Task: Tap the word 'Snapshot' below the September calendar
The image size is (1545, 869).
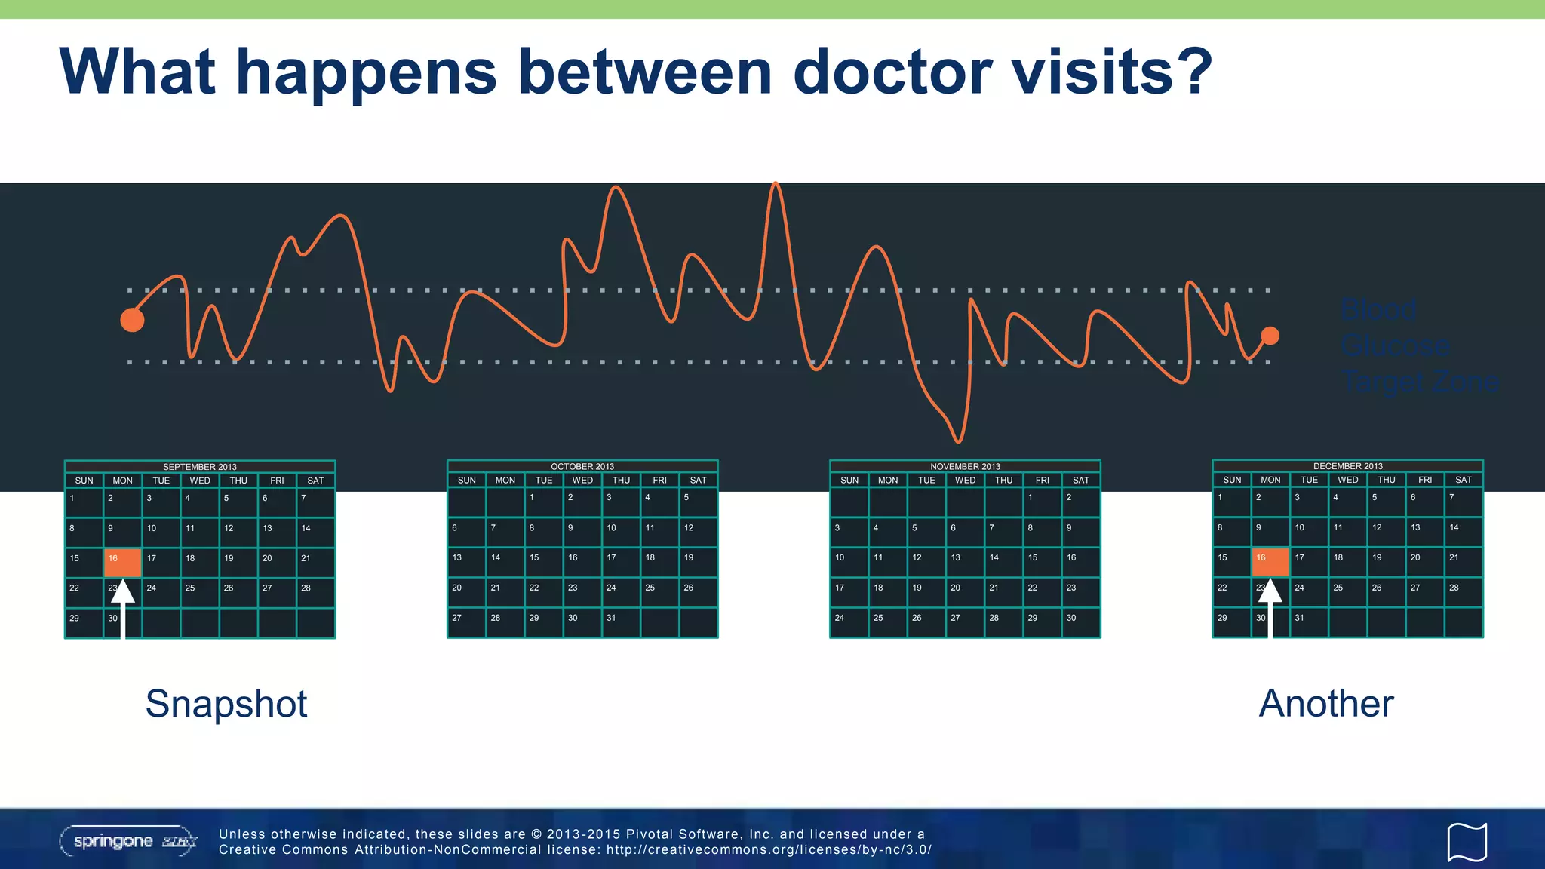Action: pyautogui.click(x=226, y=704)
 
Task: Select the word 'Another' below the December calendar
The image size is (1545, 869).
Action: pyautogui.click(x=1325, y=704)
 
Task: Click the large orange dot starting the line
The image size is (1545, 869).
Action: pyautogui.click(x=132, y=320)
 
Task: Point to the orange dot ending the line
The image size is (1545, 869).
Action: pyautogui.click(x=1270, y=336)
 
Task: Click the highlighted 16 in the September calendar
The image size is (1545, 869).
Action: pyautogui.click(x=122, y=563)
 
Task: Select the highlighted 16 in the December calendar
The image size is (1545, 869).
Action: pyautogui.click(x=1270, y=562)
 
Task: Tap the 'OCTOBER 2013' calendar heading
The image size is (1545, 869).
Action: pyautogui.click(x=582, y=466)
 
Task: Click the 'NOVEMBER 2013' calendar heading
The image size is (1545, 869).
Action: pyautogui.click(x=965, y=466)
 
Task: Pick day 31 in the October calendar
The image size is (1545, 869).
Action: pyautogui.click(x=612, y=618)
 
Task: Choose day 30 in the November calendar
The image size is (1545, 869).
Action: pyautogui.click(x=1071, y=618)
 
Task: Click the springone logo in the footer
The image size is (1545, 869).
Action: pyautogui.click(x=128, y=841)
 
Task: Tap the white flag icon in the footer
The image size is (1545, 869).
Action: pyautogui.click(x=1467, y=841)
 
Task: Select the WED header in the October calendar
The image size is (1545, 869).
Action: pyautogui.click(x=582, y=480)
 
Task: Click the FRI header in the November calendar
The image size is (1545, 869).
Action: pyautogui.click(x=1042, y=480)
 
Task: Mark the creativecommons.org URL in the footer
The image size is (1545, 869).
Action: pyautogui.click(x=769, y=850)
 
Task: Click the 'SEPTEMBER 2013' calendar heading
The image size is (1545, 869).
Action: pyautogui.click(x=200, y=467)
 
